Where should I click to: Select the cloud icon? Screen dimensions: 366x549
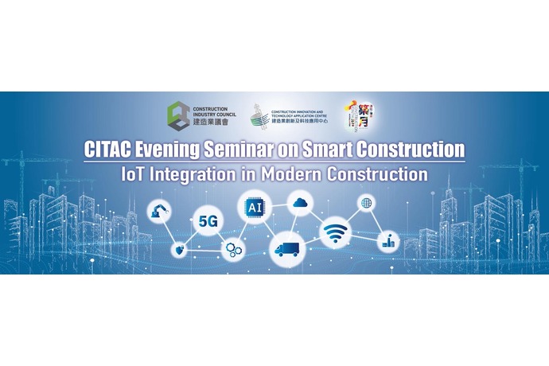coord(299,202)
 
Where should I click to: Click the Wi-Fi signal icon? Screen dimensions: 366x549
coord(336,232)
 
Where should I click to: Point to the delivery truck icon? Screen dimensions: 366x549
coord(286,248)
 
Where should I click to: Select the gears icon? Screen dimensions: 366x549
coord(232,248)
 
